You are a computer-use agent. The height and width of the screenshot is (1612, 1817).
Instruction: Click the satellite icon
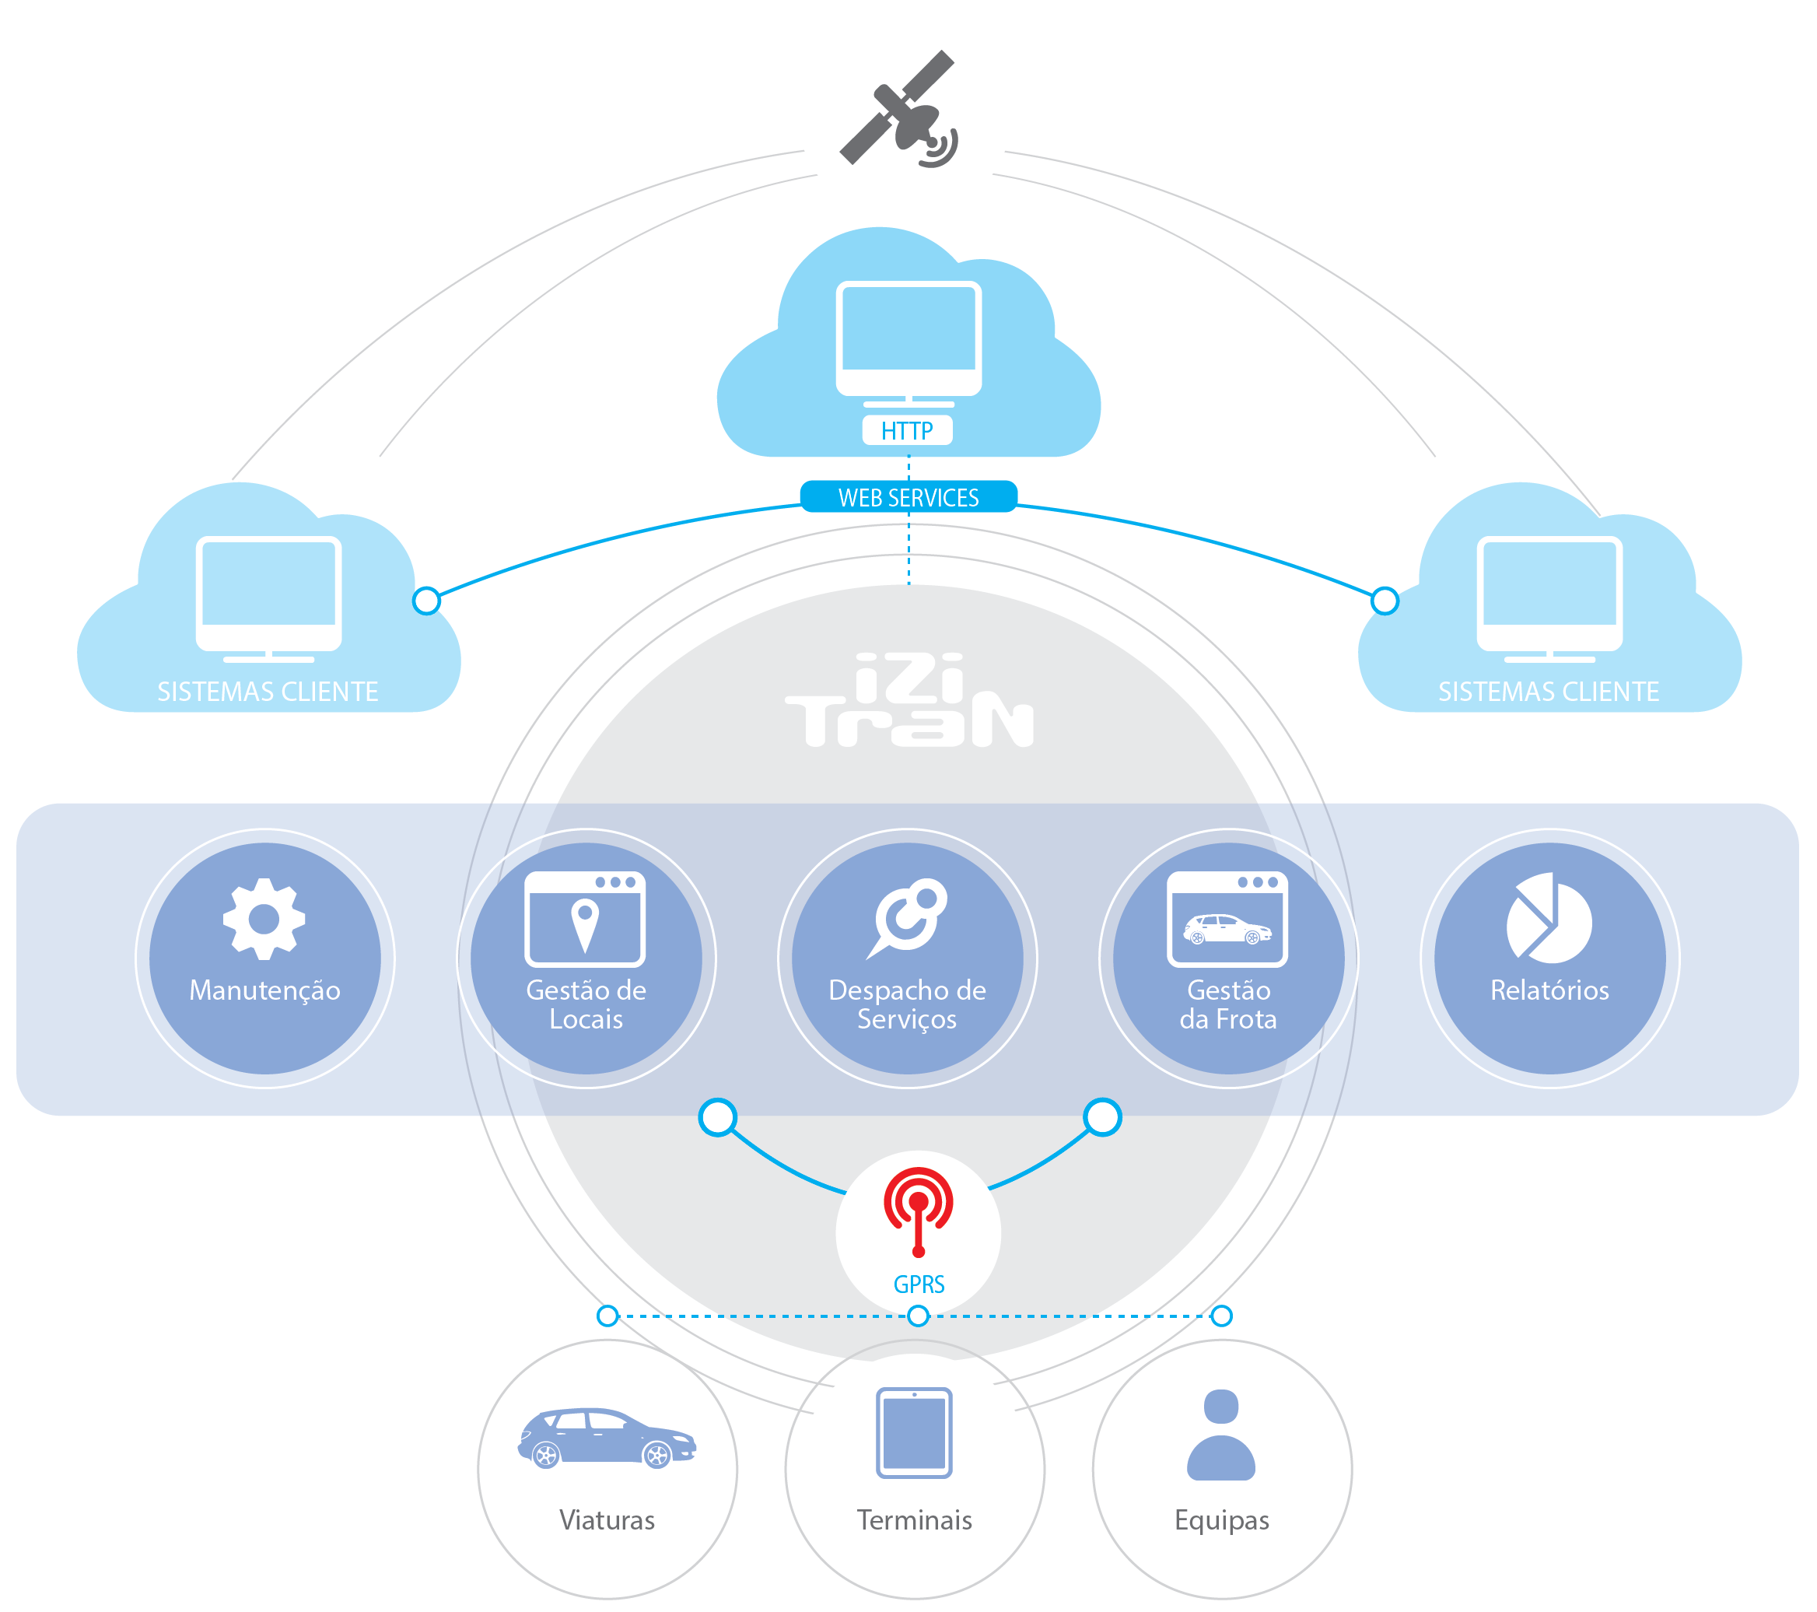point(900,110)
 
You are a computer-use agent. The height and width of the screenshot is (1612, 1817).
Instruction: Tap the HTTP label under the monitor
point(907,430)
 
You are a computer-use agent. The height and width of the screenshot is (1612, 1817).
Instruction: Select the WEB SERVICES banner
point(908,497)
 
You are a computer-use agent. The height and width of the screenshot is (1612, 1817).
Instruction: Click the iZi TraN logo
point(908,702)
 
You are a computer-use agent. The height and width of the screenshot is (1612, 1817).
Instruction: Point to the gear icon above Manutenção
point(264,919)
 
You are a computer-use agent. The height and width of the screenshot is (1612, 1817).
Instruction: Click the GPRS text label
point(919,1284)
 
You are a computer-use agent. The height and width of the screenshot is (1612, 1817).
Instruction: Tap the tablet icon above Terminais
point(914,1432)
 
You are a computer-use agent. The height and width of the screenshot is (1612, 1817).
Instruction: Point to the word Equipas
point(1221,1519)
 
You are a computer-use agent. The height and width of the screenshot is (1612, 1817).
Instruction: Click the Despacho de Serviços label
point(907,1004)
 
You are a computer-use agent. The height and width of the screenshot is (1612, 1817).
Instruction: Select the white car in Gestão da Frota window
point(1227,929)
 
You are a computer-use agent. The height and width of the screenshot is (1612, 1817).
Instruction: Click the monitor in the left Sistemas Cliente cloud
point(268,597)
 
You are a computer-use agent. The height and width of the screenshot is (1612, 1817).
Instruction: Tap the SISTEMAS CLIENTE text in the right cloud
point(1549,691)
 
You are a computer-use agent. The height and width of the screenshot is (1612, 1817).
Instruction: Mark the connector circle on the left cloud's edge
point(427,600)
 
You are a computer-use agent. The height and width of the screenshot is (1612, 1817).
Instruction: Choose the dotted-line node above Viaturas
point(607,1315)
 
